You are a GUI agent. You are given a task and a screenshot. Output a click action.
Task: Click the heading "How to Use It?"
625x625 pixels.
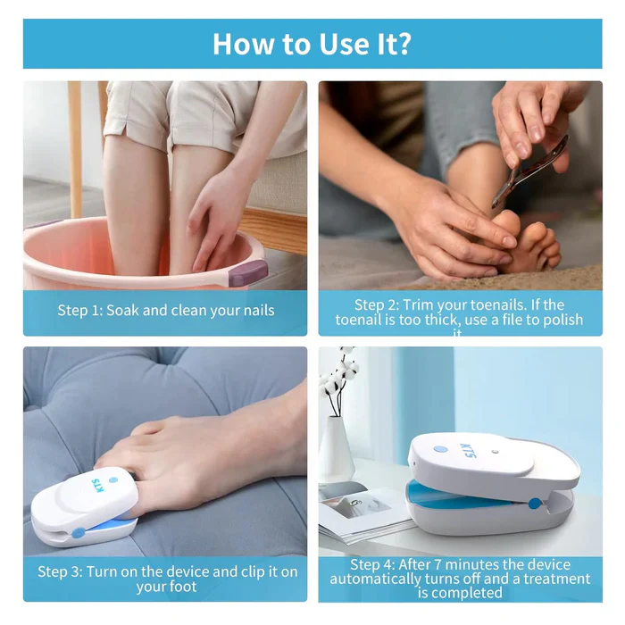pos(312,43)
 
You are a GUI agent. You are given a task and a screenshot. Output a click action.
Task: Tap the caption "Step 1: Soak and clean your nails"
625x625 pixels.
pos(165,311)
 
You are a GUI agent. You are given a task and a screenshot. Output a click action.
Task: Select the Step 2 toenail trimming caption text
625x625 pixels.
pos(459,313)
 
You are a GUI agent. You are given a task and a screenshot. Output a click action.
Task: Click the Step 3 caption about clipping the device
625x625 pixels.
pos(166,579)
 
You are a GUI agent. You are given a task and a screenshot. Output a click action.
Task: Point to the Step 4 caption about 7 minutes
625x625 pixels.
pos(459,579)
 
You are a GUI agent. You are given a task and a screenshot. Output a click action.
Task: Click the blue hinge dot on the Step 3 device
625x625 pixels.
pos(79,533)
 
